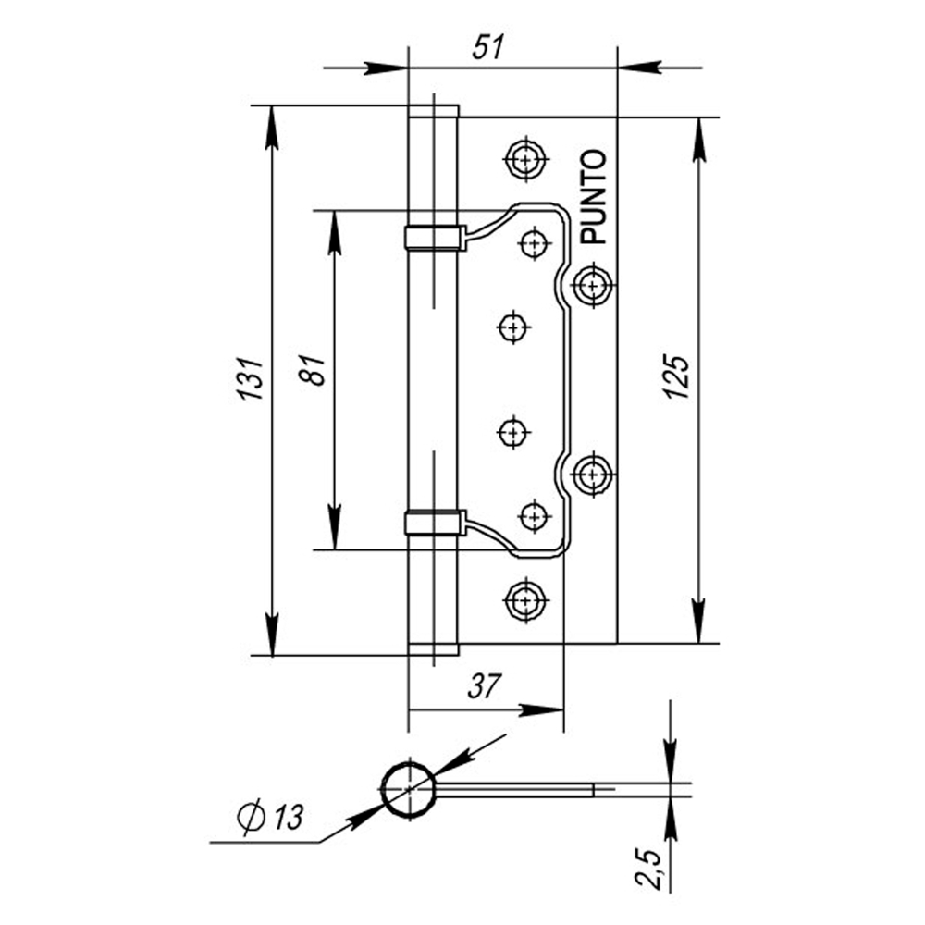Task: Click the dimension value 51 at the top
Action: coord(490,48)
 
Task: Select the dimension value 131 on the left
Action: coord(252,379)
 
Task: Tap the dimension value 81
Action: coord(317,370)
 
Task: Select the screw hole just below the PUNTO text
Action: coord(592,284)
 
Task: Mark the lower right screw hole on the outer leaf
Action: coord(592,475)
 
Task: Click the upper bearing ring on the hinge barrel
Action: coord(433,237)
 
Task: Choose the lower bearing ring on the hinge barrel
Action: coord(433,524)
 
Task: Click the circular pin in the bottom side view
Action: coord(408,789)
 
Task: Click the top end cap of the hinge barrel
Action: coord(433,111)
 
